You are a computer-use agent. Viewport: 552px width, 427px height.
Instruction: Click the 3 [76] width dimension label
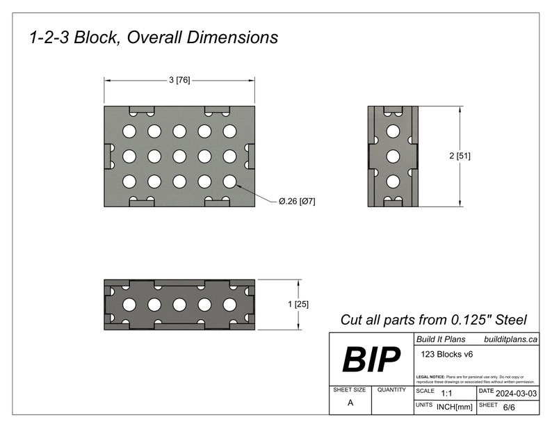tap(179, 81)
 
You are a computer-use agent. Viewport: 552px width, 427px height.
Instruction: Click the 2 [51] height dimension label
tap(460, 156)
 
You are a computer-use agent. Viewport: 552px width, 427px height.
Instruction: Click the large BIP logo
tap(371, 360)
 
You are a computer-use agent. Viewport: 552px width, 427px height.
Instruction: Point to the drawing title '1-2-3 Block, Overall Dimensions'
tap(154, 38)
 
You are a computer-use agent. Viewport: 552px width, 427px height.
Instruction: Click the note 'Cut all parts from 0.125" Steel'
tap(433, 320)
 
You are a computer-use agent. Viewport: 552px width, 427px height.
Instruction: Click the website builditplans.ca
tap(510, 339)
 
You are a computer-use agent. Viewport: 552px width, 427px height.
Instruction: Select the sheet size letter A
tap(350, 403)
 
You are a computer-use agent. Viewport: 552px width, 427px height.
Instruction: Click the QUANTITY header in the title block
tap(391, 391)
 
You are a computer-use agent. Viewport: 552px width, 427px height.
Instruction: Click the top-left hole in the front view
tap(129, 131)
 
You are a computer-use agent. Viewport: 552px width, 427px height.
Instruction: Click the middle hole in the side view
tap(392, 156)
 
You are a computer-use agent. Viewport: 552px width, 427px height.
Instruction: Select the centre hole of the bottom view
tap(179, 304)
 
